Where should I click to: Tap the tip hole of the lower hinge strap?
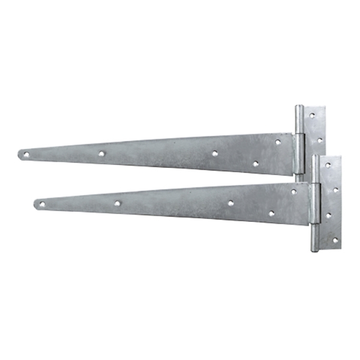pyautogui.click(x=41, y=205)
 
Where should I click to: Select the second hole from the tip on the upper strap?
pyautogui.click(x=101, y=154)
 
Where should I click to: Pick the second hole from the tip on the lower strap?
pyautogui.click(x=117, y=203)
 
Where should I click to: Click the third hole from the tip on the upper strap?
pyautogui.click(x=215, y=154)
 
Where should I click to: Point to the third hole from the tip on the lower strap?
pyautogui.click(x=230, y=203)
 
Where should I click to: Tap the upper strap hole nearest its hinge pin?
pyautogui.click(x=278, y=142)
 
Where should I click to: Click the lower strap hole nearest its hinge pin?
pyautogui.click(x=293, y=192)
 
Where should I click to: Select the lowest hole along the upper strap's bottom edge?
pyautogui.click(x=256, y=163)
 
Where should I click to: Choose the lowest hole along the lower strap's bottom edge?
pyautogui.click(x=271, y=213)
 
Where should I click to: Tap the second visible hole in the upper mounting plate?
pyautogui.click(x=319, y=140)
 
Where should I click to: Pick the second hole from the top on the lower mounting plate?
pyautogui.click(x=335, y=190)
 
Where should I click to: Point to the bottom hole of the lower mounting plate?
pyautogui.click(x=335, y=239)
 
